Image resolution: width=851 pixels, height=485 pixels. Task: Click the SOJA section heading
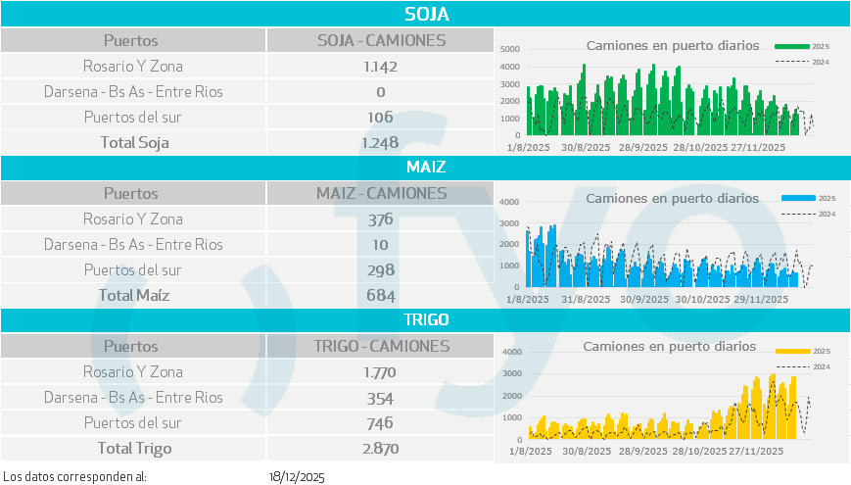(425, 14)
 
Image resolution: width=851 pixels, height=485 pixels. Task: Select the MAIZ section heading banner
(425, 167)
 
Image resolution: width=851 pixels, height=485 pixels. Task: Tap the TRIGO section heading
(425, 319)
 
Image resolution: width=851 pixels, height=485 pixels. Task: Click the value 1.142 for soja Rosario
(381, 67)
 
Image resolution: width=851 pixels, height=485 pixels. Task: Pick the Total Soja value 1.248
(381, 143)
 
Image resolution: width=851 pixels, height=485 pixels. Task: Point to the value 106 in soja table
(381, 118)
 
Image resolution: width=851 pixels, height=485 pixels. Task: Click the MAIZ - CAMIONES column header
(381, 194)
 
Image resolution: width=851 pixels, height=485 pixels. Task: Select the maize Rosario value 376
(381, 219)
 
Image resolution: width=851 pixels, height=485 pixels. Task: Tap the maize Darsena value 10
(381, 245)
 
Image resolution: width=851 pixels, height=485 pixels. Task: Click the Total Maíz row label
(134, 296)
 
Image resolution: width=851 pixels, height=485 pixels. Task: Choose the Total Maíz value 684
(381, 296)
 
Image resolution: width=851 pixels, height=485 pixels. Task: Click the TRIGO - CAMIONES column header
(381, 347)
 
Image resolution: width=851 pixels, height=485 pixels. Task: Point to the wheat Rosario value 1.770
(381, 372)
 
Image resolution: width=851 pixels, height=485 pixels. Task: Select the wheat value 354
(381, 398)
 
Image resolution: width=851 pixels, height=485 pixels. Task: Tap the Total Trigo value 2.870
(381, 449)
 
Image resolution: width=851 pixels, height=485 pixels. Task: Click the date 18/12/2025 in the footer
(297, 477)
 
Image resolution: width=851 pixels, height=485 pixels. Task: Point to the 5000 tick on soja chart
(509, 49)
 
